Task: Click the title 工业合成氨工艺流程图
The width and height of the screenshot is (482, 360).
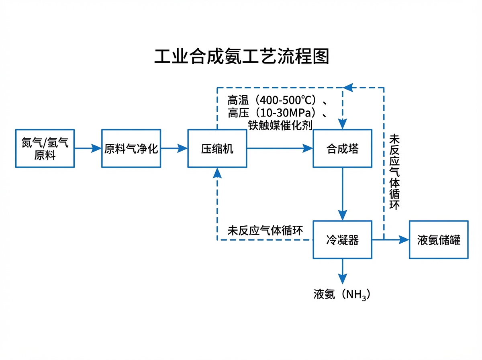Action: coord(242,57)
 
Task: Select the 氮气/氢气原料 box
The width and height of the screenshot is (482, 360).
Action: coord(45,148)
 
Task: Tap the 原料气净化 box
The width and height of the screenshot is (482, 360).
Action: coord(131,148)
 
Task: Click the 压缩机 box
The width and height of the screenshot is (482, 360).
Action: coord(217,148)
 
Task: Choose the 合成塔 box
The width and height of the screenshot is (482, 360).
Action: coord(342,148)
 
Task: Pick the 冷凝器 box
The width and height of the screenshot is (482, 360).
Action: coord(342,239)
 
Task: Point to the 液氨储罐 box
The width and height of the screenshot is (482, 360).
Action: coord(439,239)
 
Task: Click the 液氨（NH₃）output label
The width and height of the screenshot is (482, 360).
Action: coord(341,295)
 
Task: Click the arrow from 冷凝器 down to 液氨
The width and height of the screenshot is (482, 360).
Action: coord(342,271)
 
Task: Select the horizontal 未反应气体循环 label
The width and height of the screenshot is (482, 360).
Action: coord(265,230)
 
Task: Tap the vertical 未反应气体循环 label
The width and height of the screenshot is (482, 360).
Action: coord(394,172)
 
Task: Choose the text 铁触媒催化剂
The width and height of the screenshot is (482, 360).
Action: coord(280,125)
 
